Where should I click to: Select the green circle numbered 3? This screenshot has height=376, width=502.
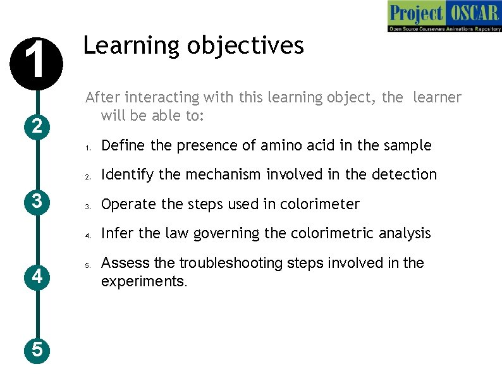[x=37, y=202]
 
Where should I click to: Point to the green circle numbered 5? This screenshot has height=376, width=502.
[x=37, y=349]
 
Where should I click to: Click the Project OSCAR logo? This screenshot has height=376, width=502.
[x=444, y=17]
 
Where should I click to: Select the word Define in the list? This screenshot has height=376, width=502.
[x=124, y=145]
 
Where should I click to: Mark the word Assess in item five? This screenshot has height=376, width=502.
[x=125, y=263]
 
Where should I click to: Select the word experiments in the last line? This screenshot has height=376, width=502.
[x=143, y=281]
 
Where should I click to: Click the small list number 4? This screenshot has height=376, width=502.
[x=88, y=234]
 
